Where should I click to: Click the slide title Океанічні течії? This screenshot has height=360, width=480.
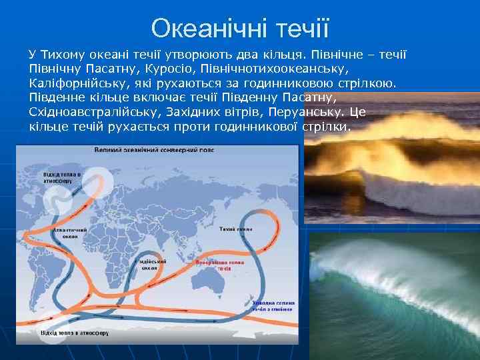(x=240, y=28)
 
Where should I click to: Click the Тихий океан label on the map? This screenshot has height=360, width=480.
(x=235, y=229)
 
